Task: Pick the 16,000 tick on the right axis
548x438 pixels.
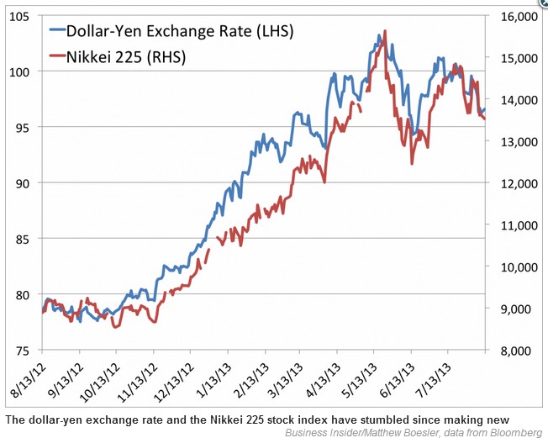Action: click(516, 17)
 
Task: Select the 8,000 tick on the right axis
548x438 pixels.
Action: click(513, 351)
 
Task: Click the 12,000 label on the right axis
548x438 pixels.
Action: click(516, 183)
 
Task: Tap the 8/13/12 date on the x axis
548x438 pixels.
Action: click(27, 377)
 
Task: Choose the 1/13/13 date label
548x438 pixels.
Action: click(213, 377)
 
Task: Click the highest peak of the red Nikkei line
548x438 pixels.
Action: click(385, 32)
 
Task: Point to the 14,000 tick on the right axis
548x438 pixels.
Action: click(516, 100)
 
